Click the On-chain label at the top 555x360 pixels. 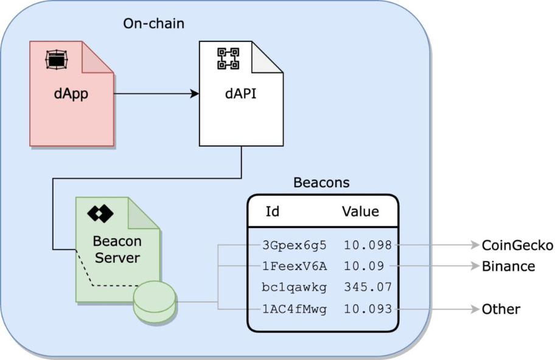point(153,24)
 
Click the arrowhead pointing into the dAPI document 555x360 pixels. point(195,94)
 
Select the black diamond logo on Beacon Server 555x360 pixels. point(100,213)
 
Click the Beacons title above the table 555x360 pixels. point(321,182)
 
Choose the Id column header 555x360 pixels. point(273,211)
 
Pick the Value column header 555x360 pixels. point(360,211)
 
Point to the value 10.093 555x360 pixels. point(368,309)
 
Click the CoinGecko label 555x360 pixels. point(517,245)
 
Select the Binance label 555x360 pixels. point(508,266)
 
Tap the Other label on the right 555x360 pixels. point(501,309)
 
